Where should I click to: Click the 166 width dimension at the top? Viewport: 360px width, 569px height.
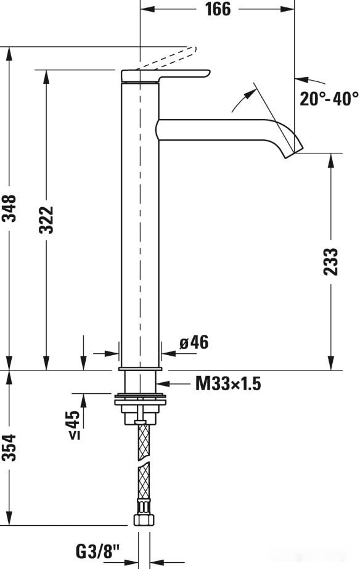coord(217,9)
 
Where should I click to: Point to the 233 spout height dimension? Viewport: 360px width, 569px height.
coord(331,261)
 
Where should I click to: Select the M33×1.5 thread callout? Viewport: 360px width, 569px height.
coord(228,384)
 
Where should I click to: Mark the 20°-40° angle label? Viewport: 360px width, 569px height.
coord(329,99)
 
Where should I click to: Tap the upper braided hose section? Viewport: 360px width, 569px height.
coord(141,440)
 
